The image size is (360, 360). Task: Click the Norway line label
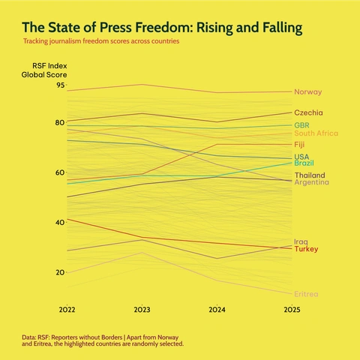click(307, 91)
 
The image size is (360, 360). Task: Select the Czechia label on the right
click(308, 112)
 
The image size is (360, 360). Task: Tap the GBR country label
click(303, 124)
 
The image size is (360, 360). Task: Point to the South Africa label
click(316, 133)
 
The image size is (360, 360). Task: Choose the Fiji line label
click(299, 144)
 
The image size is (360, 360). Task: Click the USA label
click(301, 156)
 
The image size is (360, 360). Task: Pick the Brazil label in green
click(304, 163)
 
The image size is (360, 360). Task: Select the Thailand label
click(309, 175)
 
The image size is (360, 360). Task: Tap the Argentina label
click(312, 182)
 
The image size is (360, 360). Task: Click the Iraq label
click(301, 241)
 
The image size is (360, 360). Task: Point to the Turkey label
click(306, 249)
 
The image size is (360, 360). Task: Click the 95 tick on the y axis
click(60, 85)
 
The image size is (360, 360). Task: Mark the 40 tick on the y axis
click(60, 223)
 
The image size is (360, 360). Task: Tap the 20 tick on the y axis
click(60, 272)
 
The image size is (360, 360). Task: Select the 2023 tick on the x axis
click(142, 309)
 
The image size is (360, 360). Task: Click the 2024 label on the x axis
click(217, 309)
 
